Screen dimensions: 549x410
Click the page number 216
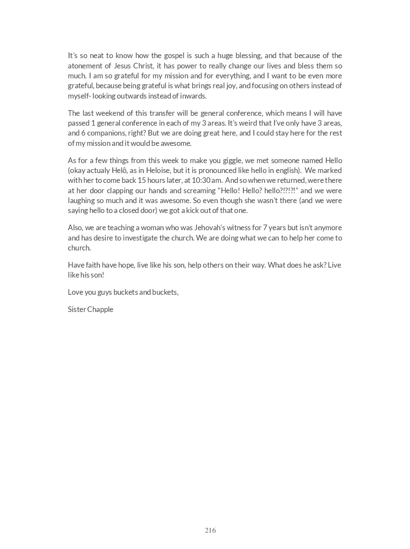coord(210,530)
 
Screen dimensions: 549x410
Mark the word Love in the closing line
coord(75,292)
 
